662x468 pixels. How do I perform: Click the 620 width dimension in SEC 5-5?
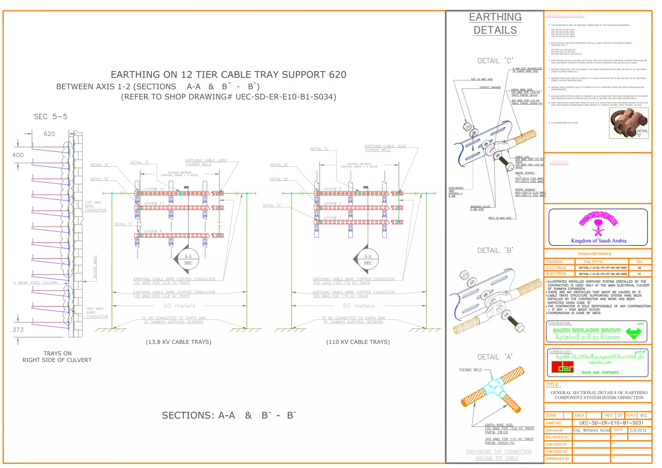[49, 134]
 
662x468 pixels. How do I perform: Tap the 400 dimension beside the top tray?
[18, 155]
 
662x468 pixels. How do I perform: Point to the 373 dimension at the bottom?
[18, 330]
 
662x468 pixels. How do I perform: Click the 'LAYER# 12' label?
[154, 189]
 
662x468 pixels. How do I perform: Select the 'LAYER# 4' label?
[153, 231]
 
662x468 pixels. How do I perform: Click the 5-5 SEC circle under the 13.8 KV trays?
[188, 260]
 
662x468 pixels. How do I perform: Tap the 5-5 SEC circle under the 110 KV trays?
[368, 260]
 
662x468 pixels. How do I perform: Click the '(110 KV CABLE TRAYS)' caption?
[358, 342]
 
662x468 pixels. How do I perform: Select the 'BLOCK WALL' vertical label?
[95, 267]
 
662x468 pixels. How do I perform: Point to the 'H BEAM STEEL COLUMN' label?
[35, 283]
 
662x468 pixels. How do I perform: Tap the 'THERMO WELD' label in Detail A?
[470, 370]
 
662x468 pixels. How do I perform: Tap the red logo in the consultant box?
[562, 367]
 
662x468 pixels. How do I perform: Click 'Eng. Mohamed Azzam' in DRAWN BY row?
[591, 431]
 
